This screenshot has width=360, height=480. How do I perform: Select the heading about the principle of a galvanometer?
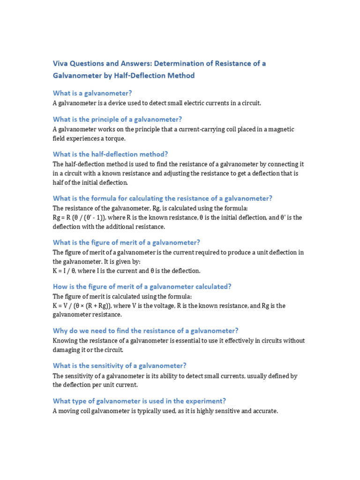click(x=117, y=119)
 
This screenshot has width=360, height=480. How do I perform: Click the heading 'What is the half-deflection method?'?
click(x=110, y=154)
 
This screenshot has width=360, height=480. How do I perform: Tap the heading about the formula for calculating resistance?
click(x=162, y=198)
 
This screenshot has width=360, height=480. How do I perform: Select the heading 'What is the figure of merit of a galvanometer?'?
click(x=126, y=242)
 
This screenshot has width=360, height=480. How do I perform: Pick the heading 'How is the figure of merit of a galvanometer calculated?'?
click(x=142, y=286)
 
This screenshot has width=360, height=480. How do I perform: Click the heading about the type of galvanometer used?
click(x=139, y=401)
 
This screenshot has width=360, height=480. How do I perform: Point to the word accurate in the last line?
click(x=264, y=411)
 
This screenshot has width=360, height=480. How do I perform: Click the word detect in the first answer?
click(x=155, y=103)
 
